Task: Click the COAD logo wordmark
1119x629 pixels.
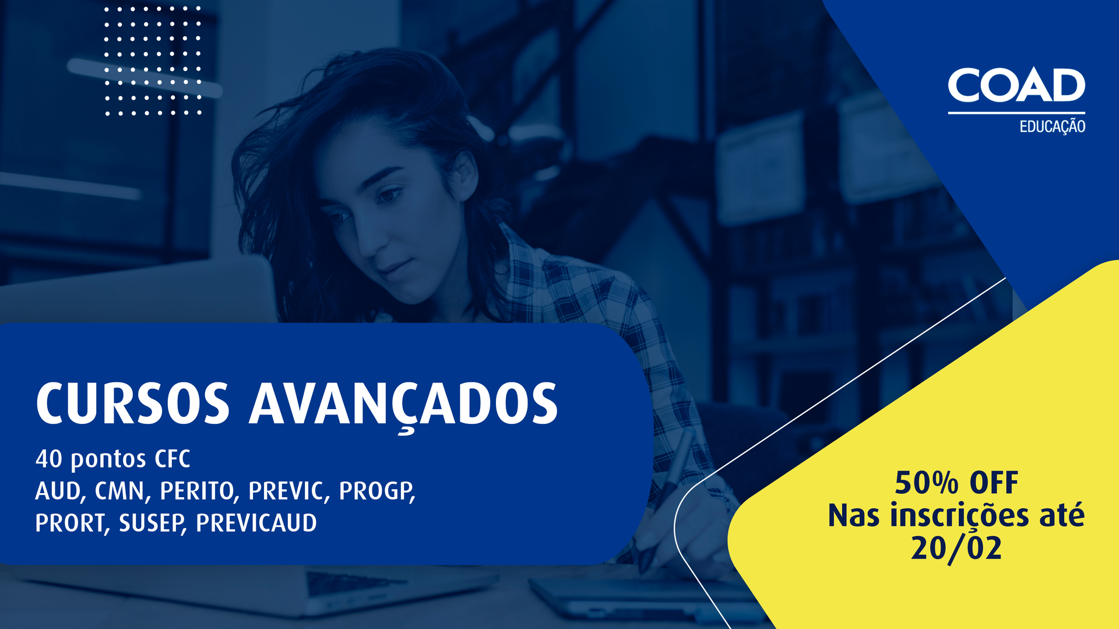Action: [1016, 86]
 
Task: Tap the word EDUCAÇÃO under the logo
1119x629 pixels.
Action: [1052, 126]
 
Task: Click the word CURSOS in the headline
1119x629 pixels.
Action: [133, 404]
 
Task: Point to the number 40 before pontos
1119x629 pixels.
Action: [48, 459]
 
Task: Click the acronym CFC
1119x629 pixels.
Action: [173, 459]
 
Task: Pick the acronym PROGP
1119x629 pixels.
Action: [376, 491]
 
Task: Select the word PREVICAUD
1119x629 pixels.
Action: [256, 523]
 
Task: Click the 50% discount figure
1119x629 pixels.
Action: [926, 483]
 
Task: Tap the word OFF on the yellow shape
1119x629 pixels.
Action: [994, 483]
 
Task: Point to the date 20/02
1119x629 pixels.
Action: [956, 549]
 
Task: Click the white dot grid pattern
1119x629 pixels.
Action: [153, 61]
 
